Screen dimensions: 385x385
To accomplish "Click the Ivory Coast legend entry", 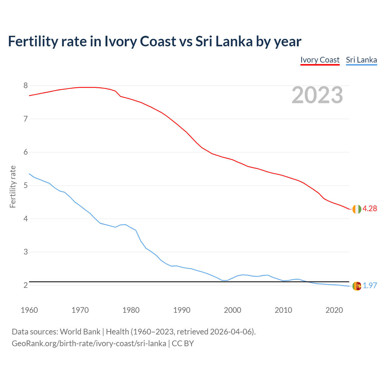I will (x=320, y=60).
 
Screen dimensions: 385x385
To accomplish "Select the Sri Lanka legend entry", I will (x=361, y=60).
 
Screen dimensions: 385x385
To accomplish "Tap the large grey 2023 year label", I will (x=317, y=95).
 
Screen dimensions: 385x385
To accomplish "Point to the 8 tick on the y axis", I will (x=26, y=86).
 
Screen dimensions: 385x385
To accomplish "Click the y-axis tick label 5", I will (x=26, y=185).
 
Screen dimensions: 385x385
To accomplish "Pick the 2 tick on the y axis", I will (x=26, y=285).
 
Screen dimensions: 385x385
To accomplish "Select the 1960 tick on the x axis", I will (x=29, y=310).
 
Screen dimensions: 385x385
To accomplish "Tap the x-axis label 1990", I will (x=182, y=310).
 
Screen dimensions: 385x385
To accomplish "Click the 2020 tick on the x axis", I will (x=334, y=310).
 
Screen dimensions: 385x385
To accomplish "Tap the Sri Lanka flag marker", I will (x=356, y=286).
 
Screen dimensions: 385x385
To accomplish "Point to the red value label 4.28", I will (x=370, y=209).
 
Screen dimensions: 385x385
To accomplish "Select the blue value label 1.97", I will (x=370, y=286).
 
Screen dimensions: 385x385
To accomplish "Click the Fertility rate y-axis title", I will (x=13, y=186).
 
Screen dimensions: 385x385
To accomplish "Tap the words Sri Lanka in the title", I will (x=224, y=42).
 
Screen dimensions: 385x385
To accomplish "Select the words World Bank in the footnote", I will (x=80, y=332).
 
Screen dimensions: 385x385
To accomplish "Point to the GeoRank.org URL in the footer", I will (x=89, y=343).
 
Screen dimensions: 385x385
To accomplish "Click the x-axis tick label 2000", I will (x=233, y=310).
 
